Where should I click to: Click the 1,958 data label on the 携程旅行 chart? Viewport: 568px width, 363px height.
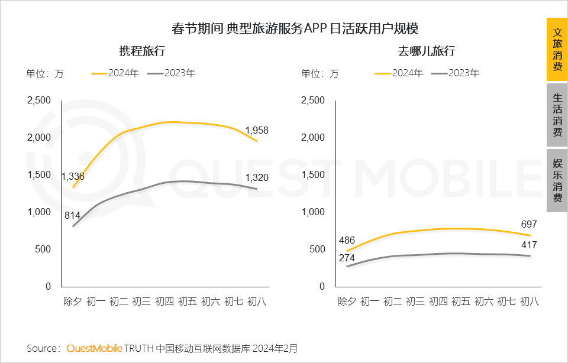[x=256, y=130]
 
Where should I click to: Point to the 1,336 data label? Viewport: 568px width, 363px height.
[x=73, y=176]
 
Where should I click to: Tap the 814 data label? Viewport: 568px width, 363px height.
[x=73, y=215]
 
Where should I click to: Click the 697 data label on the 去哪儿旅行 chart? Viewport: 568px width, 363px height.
[x=530, y=224]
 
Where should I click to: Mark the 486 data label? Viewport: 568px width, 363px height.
[x=347, y=241]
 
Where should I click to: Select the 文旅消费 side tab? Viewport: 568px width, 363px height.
[x=557, y=50]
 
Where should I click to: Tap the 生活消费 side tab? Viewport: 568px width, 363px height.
[x=557, y=115]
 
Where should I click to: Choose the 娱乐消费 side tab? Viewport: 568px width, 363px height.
[x=557, y=180]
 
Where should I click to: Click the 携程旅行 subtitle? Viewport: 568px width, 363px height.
[x=142, y=51]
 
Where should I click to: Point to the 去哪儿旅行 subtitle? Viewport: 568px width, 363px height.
[x=426, y=51]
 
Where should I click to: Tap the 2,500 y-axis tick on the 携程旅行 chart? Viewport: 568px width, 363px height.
[x=39, y=100]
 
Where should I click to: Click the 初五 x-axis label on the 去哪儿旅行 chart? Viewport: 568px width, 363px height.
[x=461, y=302]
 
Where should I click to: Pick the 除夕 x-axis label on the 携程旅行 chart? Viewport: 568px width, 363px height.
[x=73, y=302]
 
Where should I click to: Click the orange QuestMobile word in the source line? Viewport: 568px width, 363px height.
[x=95, y=348]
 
